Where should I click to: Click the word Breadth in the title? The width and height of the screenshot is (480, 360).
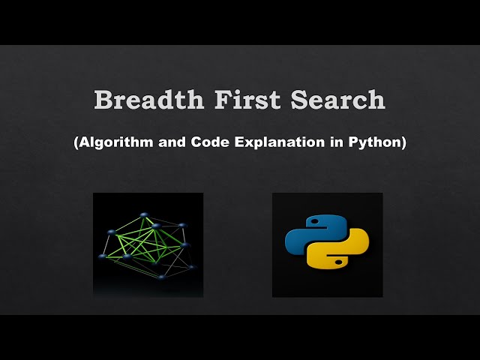pos(141,100)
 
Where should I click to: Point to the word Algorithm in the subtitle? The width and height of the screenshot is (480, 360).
pos(116,142)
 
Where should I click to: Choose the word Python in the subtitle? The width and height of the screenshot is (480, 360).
pos(376,142)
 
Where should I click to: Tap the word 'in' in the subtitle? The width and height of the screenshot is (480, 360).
pos(336,142)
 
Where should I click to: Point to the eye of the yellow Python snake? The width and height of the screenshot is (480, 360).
pos(338,263)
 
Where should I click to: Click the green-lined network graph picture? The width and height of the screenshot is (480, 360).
pos(148,244)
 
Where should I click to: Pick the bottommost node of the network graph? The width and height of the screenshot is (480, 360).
pos(160,277)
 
